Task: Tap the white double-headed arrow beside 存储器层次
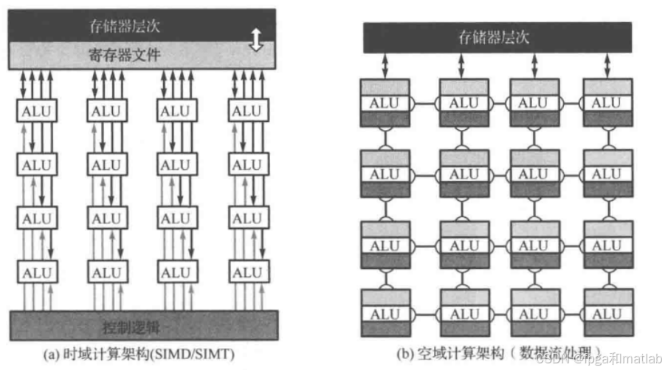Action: pos(256,40)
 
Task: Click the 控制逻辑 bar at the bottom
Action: pos(144,326)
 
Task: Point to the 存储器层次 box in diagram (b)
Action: pos(497,37)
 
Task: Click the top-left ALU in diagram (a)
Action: pos(34,112)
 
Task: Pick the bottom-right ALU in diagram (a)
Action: pos(247,273)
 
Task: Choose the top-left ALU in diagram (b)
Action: pos(384,103)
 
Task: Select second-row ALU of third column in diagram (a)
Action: pos(175,165)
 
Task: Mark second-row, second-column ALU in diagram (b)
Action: pos(464,174)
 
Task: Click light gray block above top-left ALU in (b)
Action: pos(384,87)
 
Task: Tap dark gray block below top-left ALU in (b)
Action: pos(384,118)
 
